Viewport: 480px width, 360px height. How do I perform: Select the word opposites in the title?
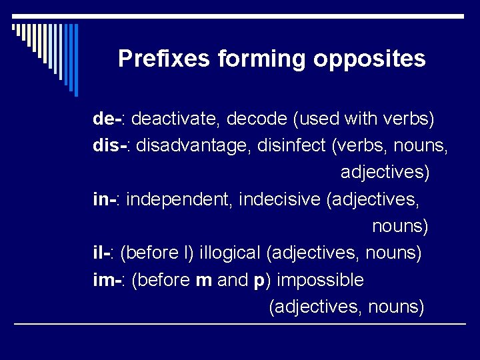pos(369,59)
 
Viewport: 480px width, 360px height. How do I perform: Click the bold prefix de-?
pos(107,119)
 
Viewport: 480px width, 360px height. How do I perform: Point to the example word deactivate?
pos(175,119)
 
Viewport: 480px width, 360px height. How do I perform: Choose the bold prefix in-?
pos(105,199)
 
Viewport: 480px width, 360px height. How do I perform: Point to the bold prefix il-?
pos(102,253)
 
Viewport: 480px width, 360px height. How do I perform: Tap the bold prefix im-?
pos(107,279)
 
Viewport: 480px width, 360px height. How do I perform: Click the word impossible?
pos(320,279)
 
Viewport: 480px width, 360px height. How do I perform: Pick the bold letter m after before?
pos(203,280)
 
